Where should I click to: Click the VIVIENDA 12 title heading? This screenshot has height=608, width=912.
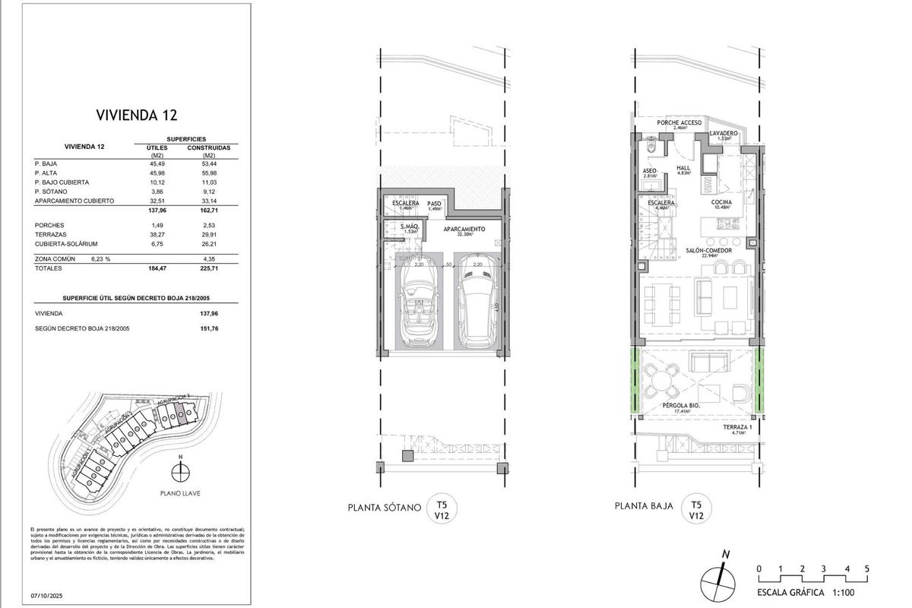point(137,116)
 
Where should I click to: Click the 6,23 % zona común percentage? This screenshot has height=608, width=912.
point(101,259)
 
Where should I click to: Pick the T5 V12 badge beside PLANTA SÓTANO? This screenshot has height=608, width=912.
point(442,509)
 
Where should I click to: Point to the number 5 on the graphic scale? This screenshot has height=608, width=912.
point(866,568)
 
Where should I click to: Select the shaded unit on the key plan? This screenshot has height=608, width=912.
point(181,413)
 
